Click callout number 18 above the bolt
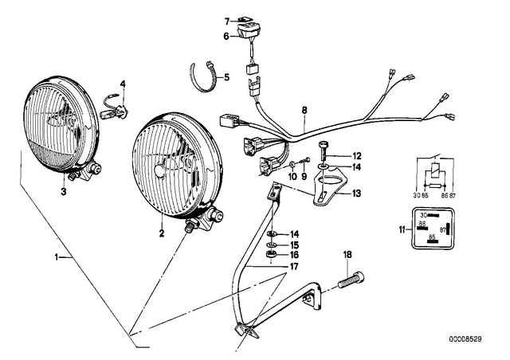click(x=347, y=255)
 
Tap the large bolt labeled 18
click(x=351, y=280)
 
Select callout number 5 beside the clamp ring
click(x=226, y=77)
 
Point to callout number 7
click(x=226, y=22)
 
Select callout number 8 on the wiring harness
click(x=304, y=110)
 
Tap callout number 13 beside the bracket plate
click(x=356, y=194)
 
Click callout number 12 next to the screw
click(x=357, y=156)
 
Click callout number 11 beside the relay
click(x=402, y=230)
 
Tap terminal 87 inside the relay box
click(x=443, y=230)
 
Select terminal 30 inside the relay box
click(x=423, y=215)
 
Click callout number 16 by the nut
click(x=294, y=255)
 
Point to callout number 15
click(x=294, y=245)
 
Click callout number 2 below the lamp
click(x=162, y=233)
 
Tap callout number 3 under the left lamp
click(x=64, y=191)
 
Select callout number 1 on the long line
click(x=57, y=257)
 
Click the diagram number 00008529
click(x=465, y=339)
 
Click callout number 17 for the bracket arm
click(x=294, y=267)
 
